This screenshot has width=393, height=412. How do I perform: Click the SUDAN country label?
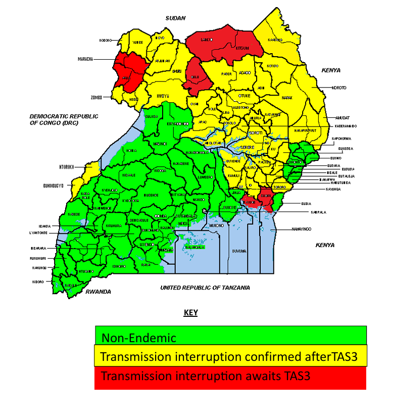176,18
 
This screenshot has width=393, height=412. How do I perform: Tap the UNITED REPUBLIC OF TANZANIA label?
205,287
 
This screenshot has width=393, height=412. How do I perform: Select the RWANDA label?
97,292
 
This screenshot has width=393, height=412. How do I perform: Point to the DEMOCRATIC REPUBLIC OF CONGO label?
64,119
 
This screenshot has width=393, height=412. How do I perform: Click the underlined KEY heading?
190,313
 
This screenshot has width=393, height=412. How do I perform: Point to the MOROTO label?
338,88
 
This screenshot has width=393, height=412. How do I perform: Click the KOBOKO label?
105,40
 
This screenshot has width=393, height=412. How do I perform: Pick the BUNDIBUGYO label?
54,185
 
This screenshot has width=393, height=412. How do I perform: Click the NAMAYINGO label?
301,229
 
